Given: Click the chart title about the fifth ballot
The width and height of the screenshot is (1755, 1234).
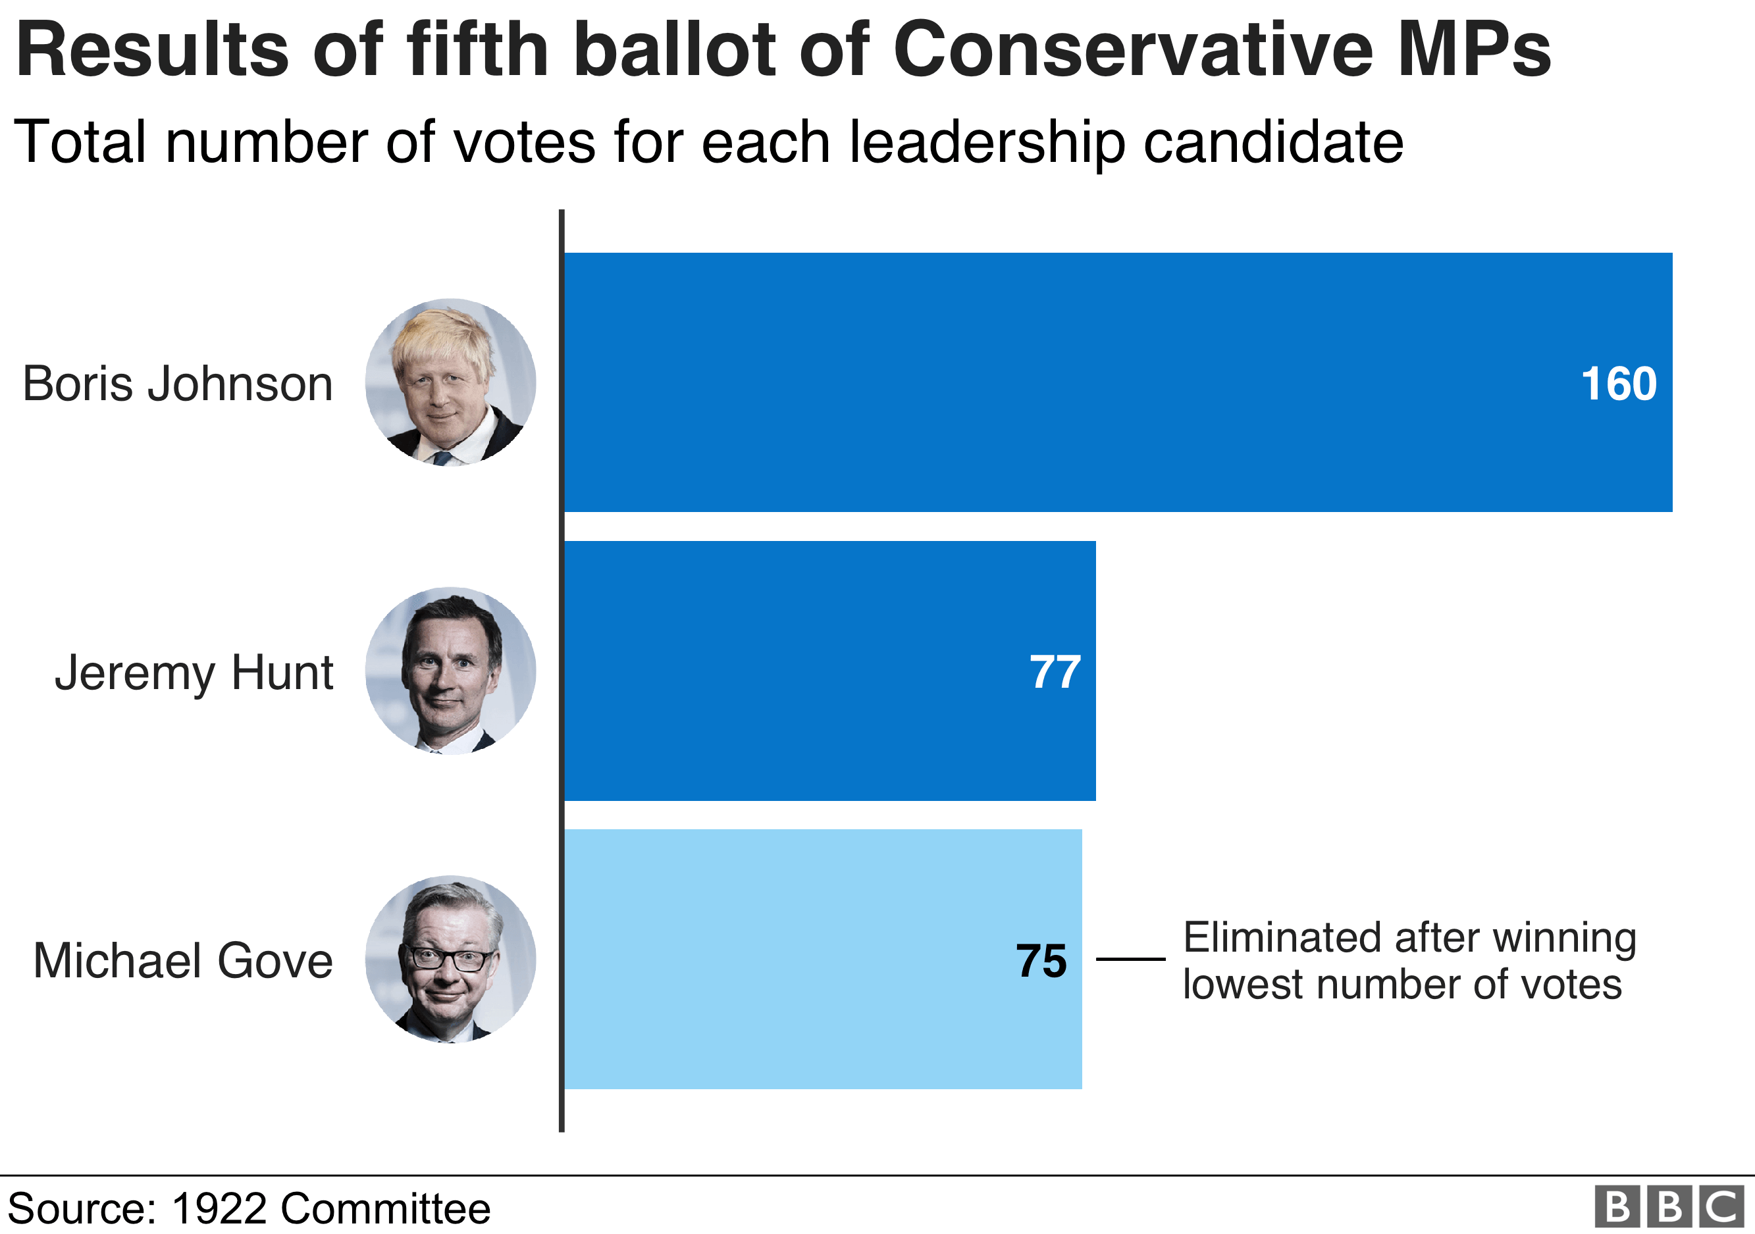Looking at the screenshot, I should pyautogui.click(x=783, y=49).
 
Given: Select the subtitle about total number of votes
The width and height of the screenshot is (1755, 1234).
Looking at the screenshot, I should pyautogui.click(x=708, y=143).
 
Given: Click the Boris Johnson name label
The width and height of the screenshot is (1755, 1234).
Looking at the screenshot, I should pyautogui.click(x=177, y=384).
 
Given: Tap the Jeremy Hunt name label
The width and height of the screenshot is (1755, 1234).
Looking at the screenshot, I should pyautogui.click(x=194, y=673).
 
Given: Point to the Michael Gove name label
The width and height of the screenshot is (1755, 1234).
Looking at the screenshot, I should pyautogui.click(x=184, y=960).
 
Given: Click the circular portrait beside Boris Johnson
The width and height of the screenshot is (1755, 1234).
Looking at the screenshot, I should pyautogui.click(x=450, y=382).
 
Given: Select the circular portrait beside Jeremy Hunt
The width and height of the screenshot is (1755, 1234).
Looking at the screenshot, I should pyautogui.click(x=450, y=671).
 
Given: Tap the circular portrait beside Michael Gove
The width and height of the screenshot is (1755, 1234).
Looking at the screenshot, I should pyautogui.click(x=450, y=959).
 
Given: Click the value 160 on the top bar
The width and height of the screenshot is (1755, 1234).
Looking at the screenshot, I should pyautogui.click(x=1618, y=384).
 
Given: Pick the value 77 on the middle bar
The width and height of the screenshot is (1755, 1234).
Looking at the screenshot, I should pyautogui.click(x=1055, y=673).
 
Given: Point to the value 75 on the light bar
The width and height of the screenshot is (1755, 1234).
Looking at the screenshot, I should pyautogui.click(x=1041, y=960).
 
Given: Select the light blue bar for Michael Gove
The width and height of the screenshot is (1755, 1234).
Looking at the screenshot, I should pyautogui.click(x=764, y=959).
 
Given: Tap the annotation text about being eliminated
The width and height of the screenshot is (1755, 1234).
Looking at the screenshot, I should pyautogui.click(x=1409, y=960).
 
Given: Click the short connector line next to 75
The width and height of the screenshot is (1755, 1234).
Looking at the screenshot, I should pyautogui.click(x=1130, y=959).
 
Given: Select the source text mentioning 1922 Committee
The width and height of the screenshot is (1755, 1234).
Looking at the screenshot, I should pyautogui.click(x=249, y=1209).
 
